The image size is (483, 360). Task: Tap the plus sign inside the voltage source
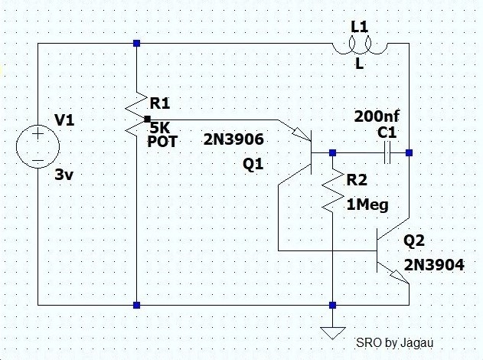tap(38, 134)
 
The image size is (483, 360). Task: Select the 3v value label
tap(64, 175)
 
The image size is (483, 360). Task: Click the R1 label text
tap(160, 103)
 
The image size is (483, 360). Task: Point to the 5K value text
tap(160, 127)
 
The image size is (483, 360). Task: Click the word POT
tap(162, 142)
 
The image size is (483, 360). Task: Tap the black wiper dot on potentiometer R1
tap(148, 119)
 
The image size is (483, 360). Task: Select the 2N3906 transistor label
tap(233, 139)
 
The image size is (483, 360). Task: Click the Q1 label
tap(253, 164)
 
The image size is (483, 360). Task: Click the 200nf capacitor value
tap(377, 116)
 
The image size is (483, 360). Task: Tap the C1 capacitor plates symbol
tap(387, 152)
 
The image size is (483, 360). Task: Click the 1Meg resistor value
tap(367, 205)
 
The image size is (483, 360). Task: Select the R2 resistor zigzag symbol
tap(333, 191)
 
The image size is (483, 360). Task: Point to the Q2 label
tap(414, 241)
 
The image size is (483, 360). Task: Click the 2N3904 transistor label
tap(434, 265)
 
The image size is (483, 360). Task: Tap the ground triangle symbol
tap(333, 333)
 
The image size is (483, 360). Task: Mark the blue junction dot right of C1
tap(409, 152)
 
